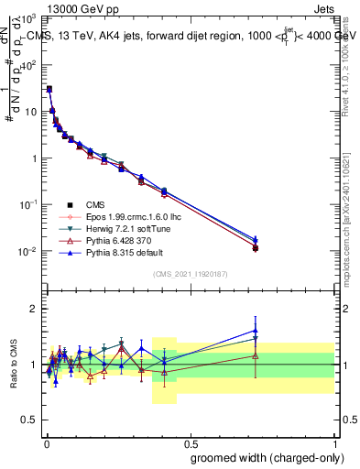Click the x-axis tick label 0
coord(45,441)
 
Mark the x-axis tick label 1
coord(334,441)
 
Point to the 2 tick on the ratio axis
coord(33,309)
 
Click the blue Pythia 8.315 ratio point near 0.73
coord(256,331)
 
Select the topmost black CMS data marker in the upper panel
coord(49,90)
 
